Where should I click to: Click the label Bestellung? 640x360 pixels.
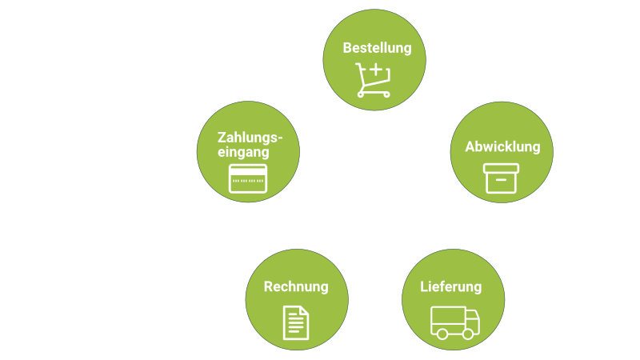377,48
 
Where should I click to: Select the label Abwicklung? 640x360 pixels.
503,147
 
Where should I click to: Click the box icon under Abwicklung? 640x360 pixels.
501,177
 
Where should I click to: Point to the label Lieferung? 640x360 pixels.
451,286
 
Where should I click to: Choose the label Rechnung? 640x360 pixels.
296,286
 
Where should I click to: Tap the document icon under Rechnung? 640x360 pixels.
295,322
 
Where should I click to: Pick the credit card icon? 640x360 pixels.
247,178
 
